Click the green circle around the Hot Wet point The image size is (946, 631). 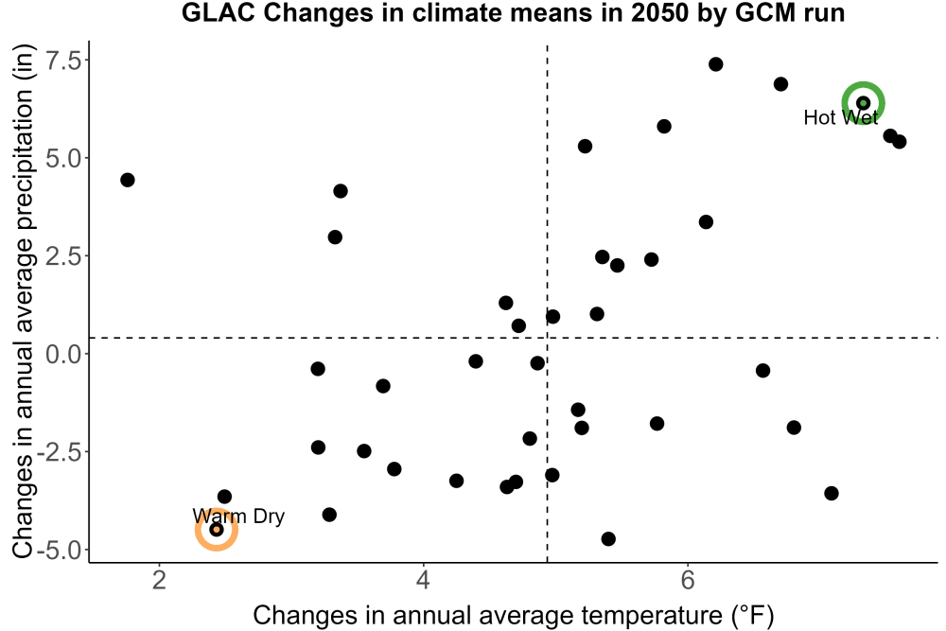[x=864, y=82]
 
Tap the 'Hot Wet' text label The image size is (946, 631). [x=841, y=117]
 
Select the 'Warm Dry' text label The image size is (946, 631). [x=238, y=517]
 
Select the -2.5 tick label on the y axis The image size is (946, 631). [x=59, y=452]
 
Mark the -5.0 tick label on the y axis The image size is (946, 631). [x=59, y=550]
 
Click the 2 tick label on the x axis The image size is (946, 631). [x=159, y=580]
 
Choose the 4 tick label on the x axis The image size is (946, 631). [x=424, y=580]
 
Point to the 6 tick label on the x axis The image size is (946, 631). [x=688, y=580]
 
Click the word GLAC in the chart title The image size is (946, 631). [x=219, y=12]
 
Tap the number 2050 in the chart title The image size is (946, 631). [x=659, y=12]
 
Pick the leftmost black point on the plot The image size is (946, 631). [x=128, y=180]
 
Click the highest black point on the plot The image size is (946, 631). [x=715, y=64]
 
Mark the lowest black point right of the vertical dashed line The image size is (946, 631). [x=608, y=538]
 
